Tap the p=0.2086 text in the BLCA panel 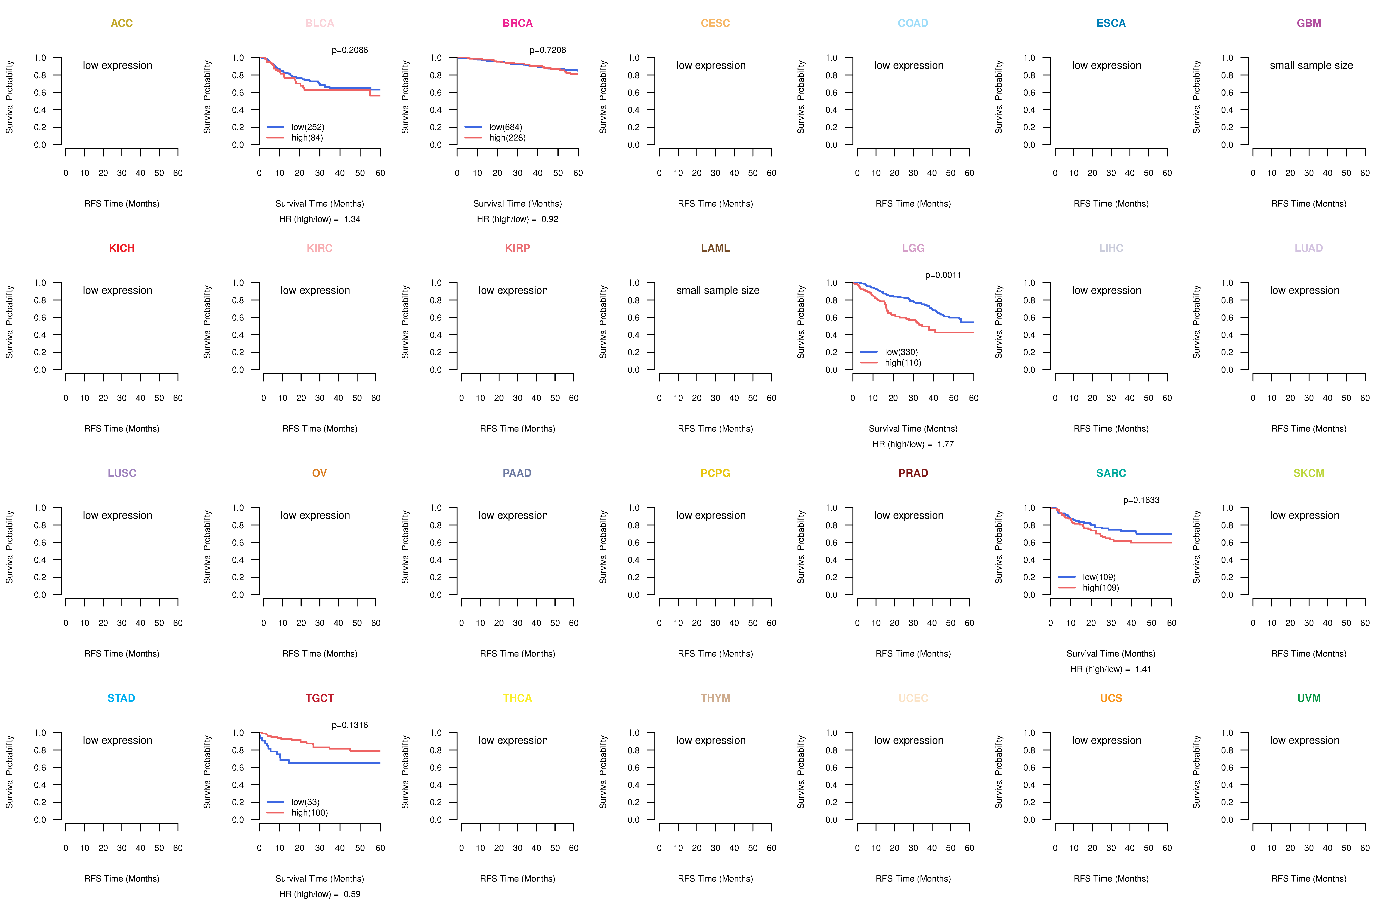click(x=350, y=50)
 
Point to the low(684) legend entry click(x=505, y=127)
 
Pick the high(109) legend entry click(x=1100, y=588)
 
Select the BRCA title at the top click(x=517, y=23)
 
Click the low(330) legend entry click(x=901, y=352)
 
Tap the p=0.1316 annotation click(x=350, y=725)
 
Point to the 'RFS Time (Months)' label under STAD click(x=122, y=879)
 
